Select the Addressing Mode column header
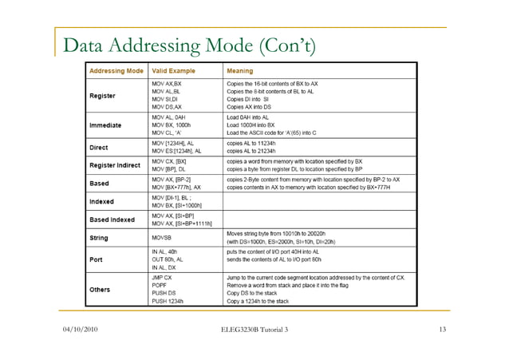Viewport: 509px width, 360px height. [116, 71]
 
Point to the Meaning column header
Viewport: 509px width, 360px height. [242, 71]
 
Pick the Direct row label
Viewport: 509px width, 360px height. [97, 147]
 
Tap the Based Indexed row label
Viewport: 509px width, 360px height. [110, 218]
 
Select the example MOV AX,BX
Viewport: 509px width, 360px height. [168, 82]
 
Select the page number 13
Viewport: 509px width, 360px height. [444, 330]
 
